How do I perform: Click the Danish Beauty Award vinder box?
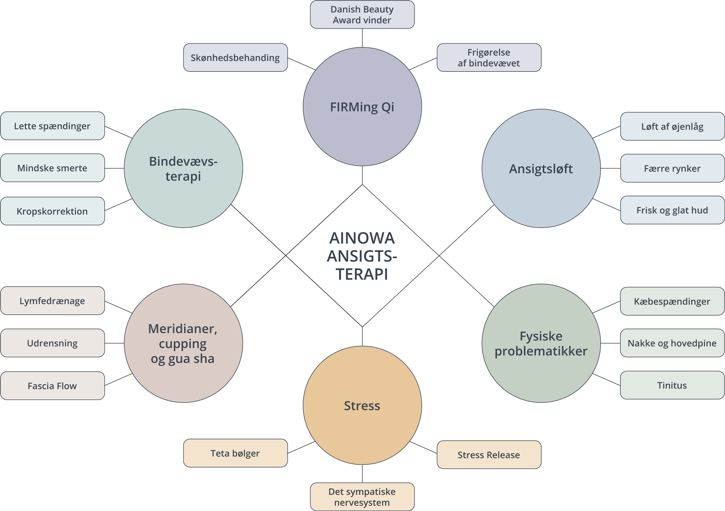pyautogui.click(x=362, y=15)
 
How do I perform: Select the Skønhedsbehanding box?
pyautogui.click(x=235, y=58)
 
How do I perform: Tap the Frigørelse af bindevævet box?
pyautogui.click(x=489, y=58)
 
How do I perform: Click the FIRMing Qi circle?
pyautogui.click(x=362, y=107)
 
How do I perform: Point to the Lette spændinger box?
pyautogui.click(x=52, y=126)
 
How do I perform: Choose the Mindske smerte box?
pyautogui.click(x=52, y=168)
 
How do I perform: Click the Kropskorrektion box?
pyautogui.click(x=52, y=211)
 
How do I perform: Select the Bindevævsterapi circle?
pyautogui.click(x=184, y=169)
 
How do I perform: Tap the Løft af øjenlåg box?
pyautogui.click(x=672, y=126)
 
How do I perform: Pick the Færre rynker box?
pyautogui.click(x=672, y=168)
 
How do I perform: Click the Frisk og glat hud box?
pyautogui.click(x=672, y=210)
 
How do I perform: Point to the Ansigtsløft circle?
pyautogui.click(x=541, y=169)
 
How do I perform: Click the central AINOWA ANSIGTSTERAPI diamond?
pyautogui.click(x=362, y=256)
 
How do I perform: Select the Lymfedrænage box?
pyautogui.click(x=52, y=301)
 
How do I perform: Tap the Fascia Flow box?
pyautogui.click(x=52, y=386)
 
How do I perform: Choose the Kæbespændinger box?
pyautogui.click(x=672, y=302)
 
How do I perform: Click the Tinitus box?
pyautogui.click(x=672, y=385)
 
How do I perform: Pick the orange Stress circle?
pyautogui.click(x=362, y=405)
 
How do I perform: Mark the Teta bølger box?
pyautogui.click(x=235, y=453)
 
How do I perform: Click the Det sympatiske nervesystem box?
pyautogui.click(x=362, y=497)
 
